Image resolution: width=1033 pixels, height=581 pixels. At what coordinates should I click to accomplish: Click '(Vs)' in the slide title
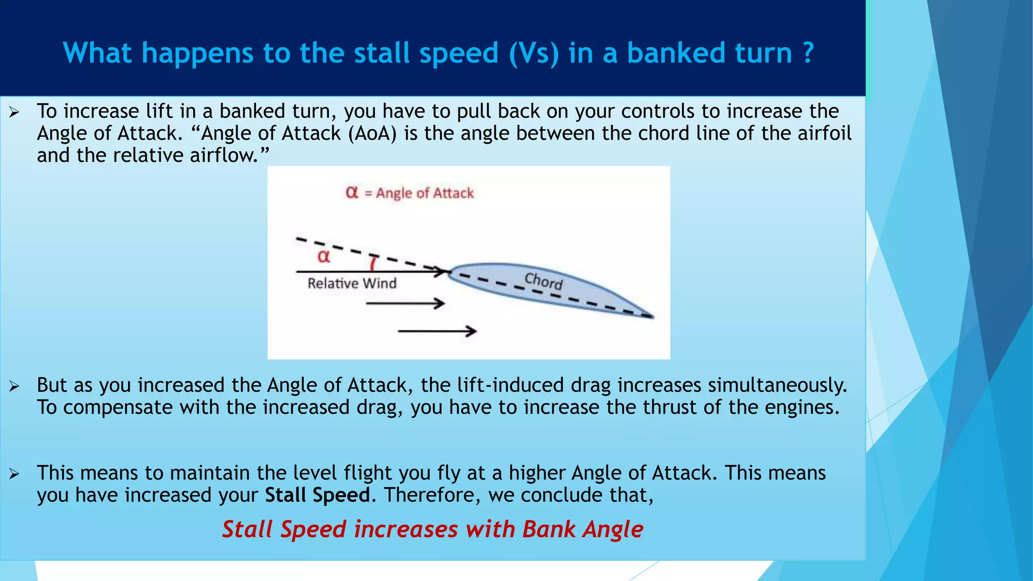click(x=534, y=53)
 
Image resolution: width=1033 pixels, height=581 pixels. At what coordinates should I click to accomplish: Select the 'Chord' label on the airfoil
click(x=543, y=280)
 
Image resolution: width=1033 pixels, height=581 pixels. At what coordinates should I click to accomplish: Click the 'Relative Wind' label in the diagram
click(x=352, y=283)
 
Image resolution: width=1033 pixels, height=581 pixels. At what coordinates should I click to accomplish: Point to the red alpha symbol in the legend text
click(x=352, y=192)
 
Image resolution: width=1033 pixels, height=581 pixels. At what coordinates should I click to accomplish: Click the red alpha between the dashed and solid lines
click(x=323, y=256)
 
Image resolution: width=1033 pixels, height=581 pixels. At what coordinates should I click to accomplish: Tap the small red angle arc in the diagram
click(x=373, y=263)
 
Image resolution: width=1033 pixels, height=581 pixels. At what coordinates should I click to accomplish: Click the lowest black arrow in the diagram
click(x=437, y=331)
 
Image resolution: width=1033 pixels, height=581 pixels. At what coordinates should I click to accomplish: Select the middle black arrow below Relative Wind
click(x=405, y=304)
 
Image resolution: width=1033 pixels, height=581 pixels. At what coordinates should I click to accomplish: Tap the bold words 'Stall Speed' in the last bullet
click(x=317, y=495)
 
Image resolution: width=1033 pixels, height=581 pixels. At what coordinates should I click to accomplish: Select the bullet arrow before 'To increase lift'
click(x=14, y=112)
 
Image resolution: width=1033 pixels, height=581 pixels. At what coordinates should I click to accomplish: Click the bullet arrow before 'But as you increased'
click(x=14, y=386)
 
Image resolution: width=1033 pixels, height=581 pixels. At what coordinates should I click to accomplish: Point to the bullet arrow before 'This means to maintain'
click(x=14, y=474)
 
